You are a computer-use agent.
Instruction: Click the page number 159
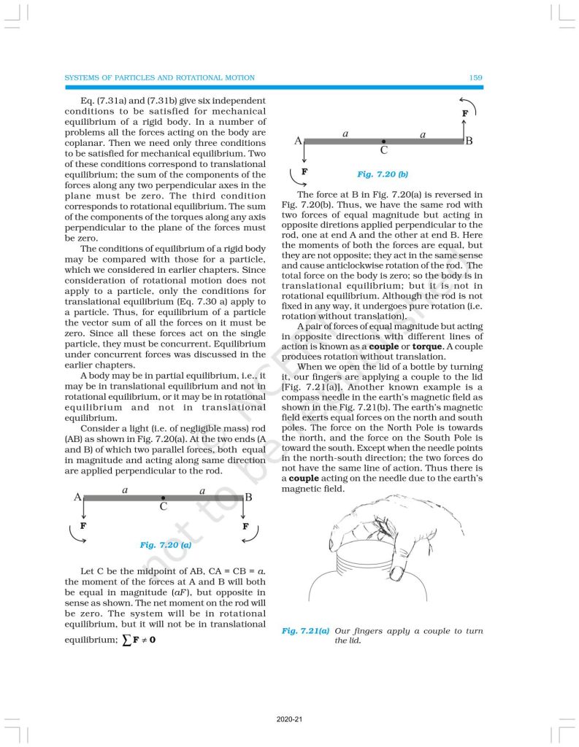[x=475, y=77]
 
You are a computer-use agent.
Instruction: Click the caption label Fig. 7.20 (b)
[x=382, y=174]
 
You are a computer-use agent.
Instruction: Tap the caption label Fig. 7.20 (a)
[x=166, y=544]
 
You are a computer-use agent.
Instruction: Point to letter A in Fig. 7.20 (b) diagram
[x=298, y=141]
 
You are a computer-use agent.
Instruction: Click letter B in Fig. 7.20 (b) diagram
[x=469, y=141]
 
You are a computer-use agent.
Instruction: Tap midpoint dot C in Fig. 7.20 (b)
[x=383, y=141]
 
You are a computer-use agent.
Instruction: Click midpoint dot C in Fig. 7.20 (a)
[x=163, y=498]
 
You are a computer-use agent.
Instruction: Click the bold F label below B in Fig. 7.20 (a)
[x=245, y=526]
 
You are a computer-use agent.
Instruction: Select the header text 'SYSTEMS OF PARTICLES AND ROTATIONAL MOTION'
[x=160, y=77]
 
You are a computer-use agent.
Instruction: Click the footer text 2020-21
[x=289, y=719]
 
